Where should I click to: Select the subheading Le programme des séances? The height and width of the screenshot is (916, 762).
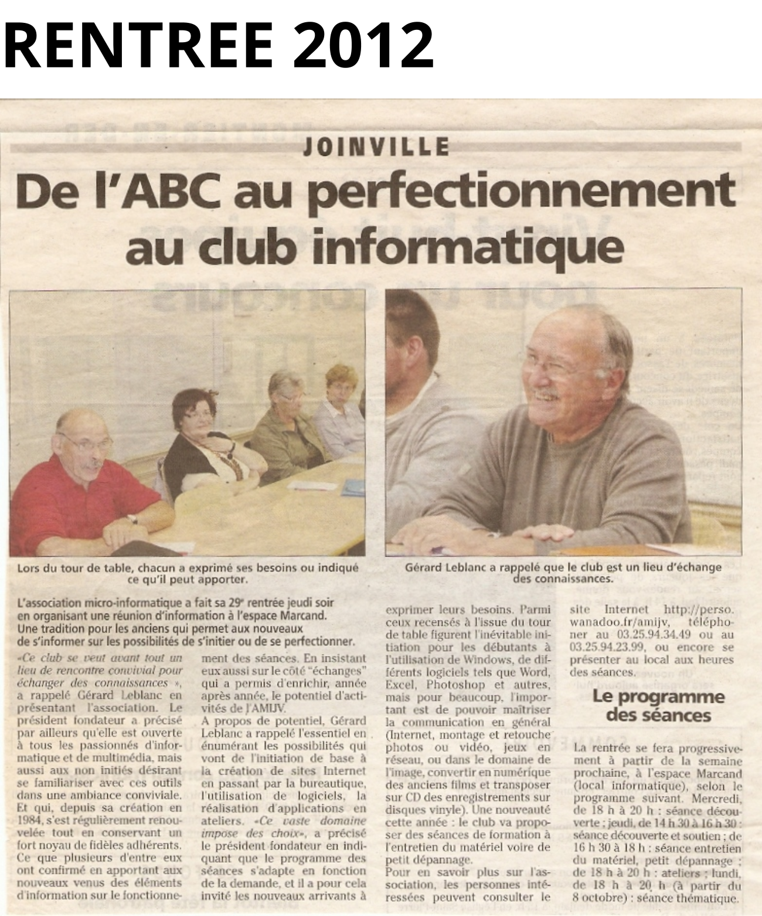point(658,706)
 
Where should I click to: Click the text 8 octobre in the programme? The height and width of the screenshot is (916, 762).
point(601,898)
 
